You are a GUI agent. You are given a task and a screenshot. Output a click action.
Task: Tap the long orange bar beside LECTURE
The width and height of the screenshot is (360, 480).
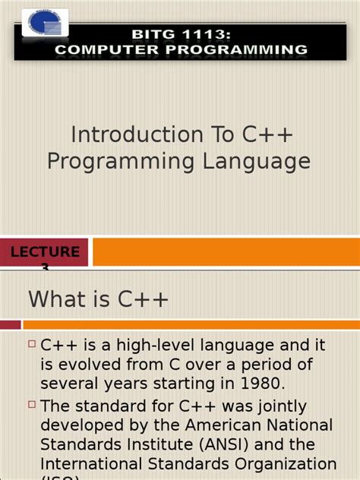226,253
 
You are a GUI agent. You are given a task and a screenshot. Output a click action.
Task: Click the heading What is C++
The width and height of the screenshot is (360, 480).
99,299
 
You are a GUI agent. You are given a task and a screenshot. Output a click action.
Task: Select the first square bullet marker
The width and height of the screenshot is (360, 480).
32,344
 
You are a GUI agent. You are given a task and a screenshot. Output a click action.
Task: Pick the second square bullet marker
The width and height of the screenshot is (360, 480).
32,404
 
